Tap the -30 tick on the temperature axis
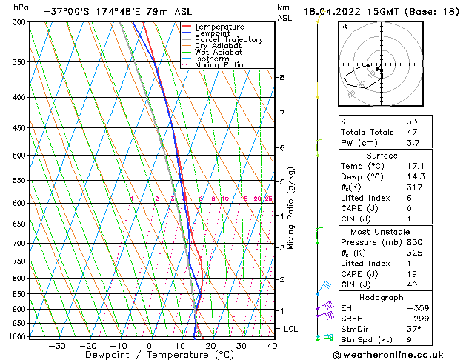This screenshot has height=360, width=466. pos(57,346)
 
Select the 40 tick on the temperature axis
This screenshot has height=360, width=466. pos(272,346)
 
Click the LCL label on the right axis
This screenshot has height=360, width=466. pos(291,328)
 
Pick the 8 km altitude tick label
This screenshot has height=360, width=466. pos(282,77)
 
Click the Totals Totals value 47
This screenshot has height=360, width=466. pos(412,132)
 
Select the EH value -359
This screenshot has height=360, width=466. pos(415,307)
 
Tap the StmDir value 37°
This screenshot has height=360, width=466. pos(413,329)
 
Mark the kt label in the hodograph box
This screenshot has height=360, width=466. pos(344,26)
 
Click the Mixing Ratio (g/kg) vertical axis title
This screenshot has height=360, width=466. pos(292,208)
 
